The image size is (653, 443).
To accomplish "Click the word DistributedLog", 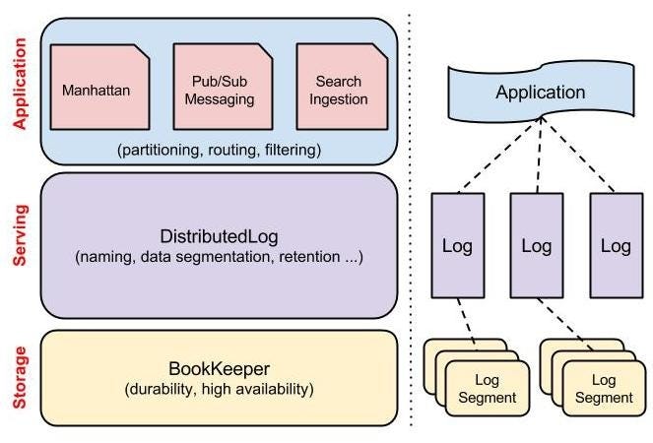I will [219, 237].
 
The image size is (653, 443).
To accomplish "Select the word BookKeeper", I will [219, 368].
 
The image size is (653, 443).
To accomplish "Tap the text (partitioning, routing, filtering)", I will [219, 150].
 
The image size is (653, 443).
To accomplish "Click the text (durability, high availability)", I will [219, 389].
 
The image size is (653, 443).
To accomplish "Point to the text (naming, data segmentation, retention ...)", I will [219, 257].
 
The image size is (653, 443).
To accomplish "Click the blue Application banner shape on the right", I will [539, 94].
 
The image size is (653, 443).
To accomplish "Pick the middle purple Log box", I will [537, 245].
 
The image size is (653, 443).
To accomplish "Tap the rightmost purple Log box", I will [616, 245].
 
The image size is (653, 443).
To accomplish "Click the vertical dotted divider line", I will [411, 221].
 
